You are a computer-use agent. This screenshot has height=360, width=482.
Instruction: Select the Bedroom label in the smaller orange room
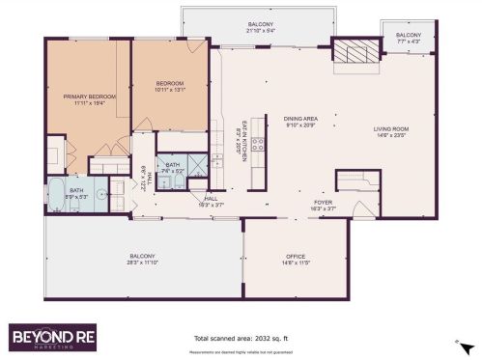coord(170,84)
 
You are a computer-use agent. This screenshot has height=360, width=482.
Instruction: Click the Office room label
coord(295,256)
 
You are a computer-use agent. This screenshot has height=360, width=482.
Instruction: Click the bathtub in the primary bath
coord(55,194)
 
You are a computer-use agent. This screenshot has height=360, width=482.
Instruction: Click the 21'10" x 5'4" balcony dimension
coord(261,29)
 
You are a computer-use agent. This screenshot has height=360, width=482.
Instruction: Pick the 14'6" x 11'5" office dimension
coord(295,262)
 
